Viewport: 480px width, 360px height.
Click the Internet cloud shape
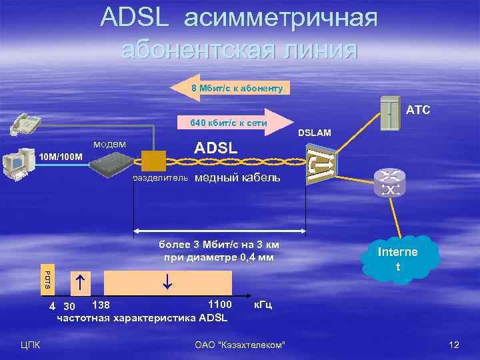point(398,259)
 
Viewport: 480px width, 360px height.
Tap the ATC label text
point(419,109)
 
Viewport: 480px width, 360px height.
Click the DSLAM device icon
point(320,164)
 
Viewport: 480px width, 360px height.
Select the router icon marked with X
point(389,183)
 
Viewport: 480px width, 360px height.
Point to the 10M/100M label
point(61,157)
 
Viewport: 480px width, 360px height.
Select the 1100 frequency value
point(219,305)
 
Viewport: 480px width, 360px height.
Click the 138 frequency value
point(101,305)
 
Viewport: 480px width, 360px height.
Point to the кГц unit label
point(262,305)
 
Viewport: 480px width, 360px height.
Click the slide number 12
point(455,345)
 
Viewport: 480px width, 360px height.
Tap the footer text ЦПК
point(31,345)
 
